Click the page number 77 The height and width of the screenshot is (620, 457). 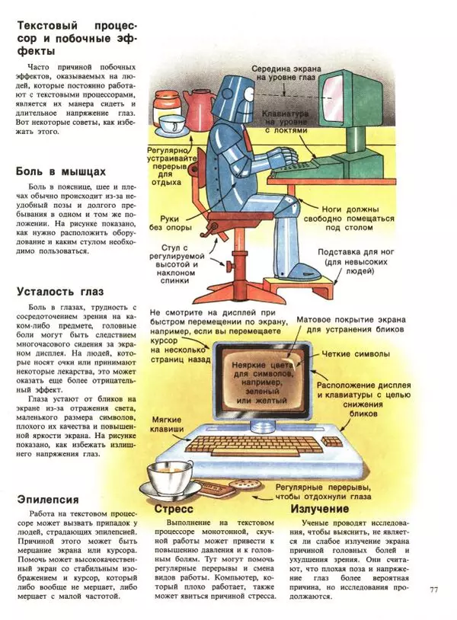434,589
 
